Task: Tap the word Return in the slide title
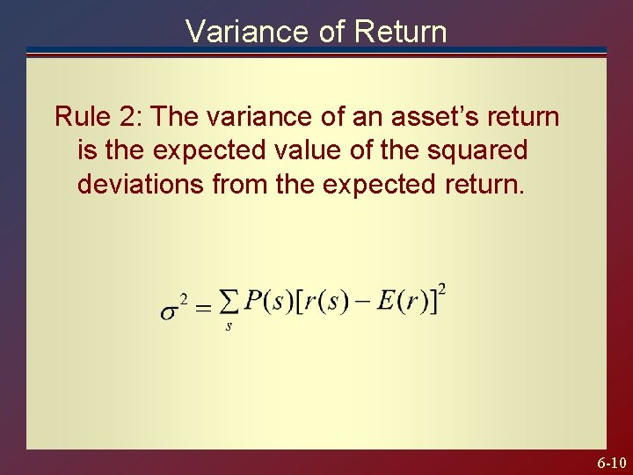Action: click(400, 32)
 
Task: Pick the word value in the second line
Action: click(304, 150)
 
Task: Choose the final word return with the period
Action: click(488, 185)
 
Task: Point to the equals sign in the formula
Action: click(203, 308)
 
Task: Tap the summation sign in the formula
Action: click(229, 303)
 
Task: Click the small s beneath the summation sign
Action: click(229, 326)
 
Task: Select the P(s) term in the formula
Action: click(266, 303)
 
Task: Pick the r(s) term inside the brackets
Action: click(326, 303)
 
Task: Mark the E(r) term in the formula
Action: click(401, 303)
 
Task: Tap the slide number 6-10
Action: click(611, 463)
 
